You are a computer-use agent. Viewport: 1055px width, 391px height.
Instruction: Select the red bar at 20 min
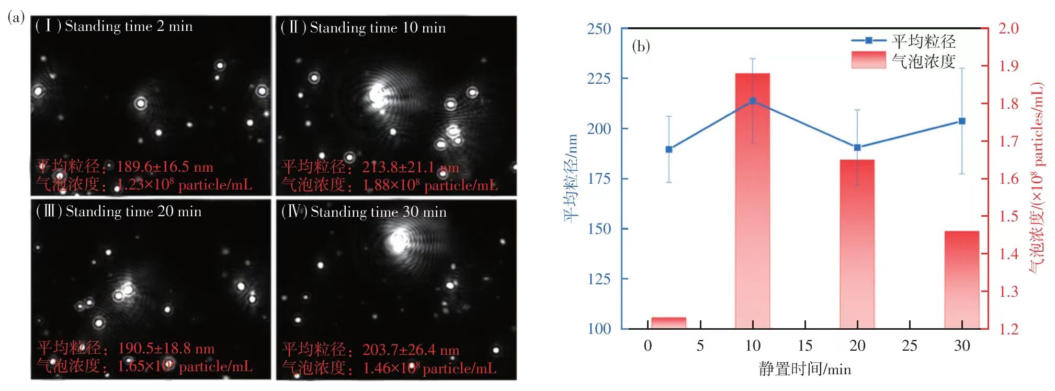857,246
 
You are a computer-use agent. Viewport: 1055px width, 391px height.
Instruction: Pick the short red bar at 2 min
668,322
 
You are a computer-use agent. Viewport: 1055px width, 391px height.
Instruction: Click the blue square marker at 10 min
753,100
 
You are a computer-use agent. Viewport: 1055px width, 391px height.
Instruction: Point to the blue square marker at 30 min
961,121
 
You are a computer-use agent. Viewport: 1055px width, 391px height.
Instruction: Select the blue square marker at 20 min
857,148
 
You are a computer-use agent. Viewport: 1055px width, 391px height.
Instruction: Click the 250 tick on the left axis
599,29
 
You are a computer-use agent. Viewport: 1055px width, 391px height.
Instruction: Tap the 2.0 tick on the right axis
1008,28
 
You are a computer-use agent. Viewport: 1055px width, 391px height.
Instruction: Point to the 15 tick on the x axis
804,345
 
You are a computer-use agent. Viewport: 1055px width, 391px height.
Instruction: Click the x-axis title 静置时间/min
804,369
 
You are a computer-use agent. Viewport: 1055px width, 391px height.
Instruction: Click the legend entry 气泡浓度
924,61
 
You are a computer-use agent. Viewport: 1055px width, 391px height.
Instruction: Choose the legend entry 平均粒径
924,41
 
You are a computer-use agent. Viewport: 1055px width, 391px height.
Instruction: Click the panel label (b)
641,46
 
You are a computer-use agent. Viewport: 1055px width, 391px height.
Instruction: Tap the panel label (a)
16,17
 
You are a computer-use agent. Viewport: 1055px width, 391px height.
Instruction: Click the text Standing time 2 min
129,26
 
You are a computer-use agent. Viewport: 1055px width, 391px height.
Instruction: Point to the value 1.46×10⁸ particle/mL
429,368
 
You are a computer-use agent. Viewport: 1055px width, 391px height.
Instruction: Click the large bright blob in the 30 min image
399,241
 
